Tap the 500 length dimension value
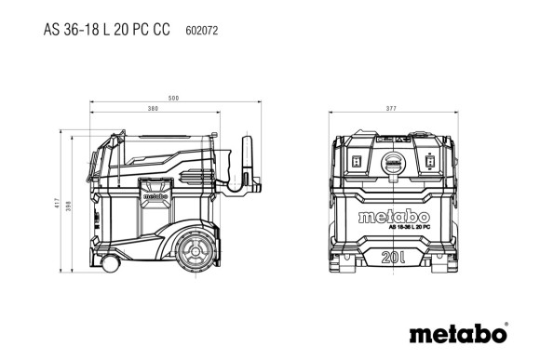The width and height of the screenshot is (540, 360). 174,99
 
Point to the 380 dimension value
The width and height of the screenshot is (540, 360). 151,109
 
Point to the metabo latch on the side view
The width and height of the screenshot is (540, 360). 155,195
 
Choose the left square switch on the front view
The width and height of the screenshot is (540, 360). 358,164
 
